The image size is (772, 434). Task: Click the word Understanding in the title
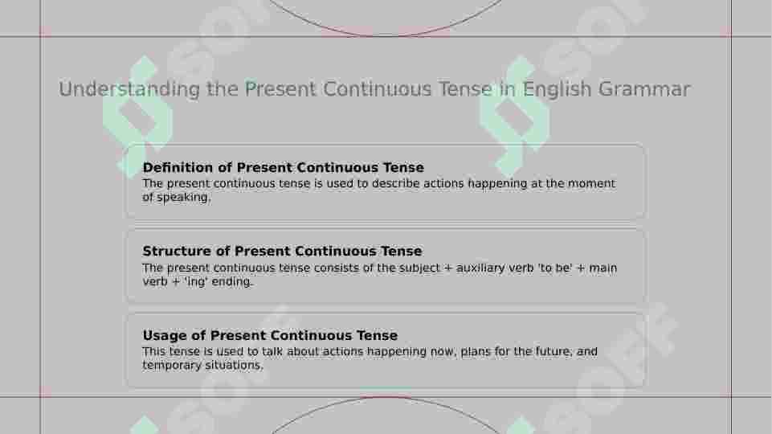129,90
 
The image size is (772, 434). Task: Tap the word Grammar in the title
644,90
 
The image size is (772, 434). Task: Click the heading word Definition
178,167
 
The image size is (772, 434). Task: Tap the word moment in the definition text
591,184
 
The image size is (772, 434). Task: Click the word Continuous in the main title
378,90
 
